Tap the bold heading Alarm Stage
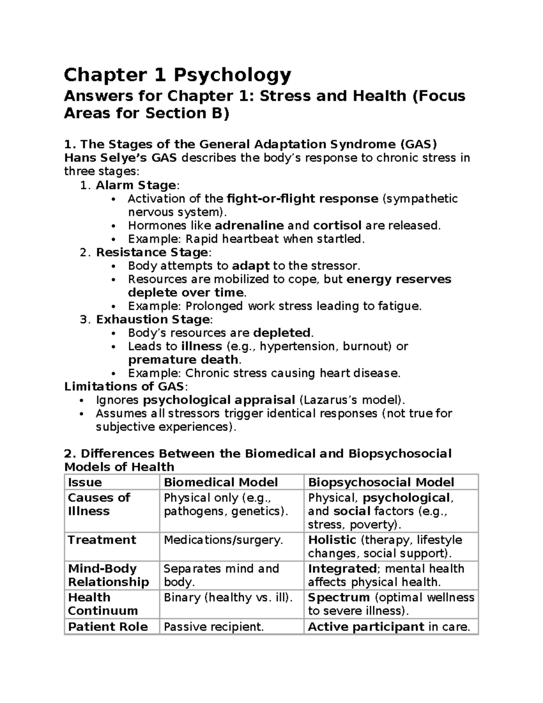click(136, 185)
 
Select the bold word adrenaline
click(249, 225)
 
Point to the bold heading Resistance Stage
click(152, 252)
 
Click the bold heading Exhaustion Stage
click(152, 320)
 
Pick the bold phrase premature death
click(183, 360)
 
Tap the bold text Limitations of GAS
click(124, 387)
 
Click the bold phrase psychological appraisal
click(219, 400)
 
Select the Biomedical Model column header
click(220, 483)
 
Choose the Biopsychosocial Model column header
click(381, 483)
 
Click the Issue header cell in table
click(85, 483)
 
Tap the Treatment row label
click(102, 540)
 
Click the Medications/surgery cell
click(223, 540)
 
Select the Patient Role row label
click(108, 627)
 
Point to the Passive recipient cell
click(213, 627)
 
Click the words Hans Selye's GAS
click(121, 158)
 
